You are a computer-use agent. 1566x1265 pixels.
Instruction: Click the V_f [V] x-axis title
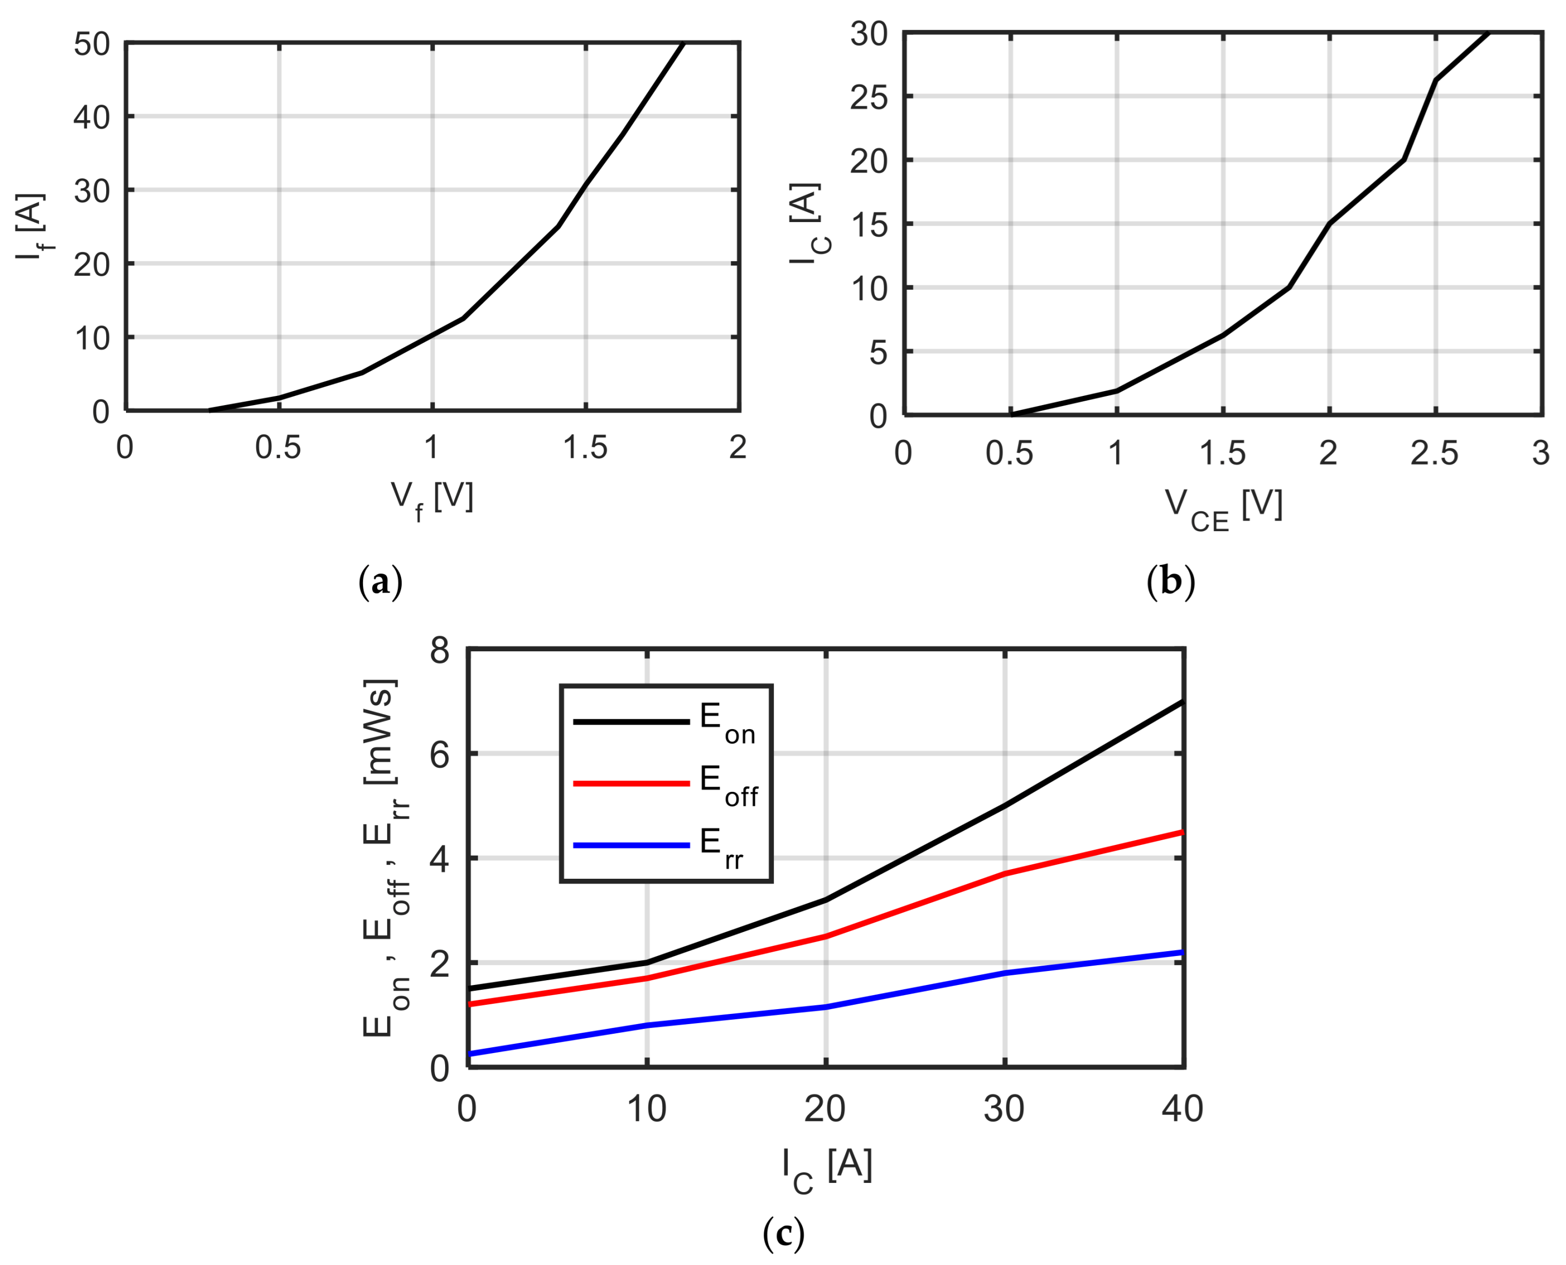point(432,499)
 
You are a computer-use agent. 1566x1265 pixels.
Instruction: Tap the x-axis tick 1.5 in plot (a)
point(585,447)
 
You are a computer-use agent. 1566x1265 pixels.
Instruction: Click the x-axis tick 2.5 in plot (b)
point(1434,453)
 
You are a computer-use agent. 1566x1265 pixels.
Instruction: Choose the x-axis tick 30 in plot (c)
point(1004,1108)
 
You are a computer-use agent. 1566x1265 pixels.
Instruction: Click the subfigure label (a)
point(380,583)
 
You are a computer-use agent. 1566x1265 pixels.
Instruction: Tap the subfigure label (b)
point(1171,583)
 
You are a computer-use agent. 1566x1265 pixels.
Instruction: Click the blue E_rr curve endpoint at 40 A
point(1182,952)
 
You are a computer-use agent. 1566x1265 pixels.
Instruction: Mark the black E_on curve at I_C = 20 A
point(826,900)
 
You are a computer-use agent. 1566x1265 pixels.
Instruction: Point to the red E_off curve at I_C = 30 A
point(1005,873)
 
